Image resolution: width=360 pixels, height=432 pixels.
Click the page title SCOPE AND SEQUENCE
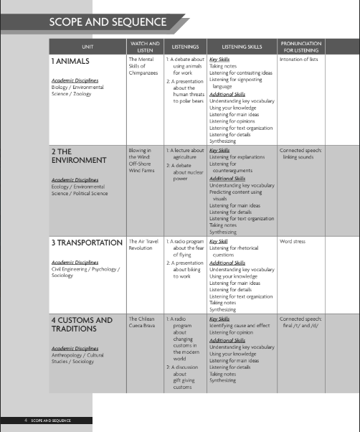[108, 22]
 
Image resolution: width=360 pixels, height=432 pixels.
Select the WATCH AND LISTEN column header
[146, 46]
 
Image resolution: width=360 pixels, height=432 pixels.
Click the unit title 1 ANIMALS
[75, 62]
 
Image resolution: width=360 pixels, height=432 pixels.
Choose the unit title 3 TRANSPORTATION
[87, 243]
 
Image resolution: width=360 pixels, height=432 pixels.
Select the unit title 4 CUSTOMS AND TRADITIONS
[82, 324]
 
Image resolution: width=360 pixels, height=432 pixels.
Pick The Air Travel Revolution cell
[145, 245]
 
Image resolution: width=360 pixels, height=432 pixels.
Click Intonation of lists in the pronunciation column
[302, 60]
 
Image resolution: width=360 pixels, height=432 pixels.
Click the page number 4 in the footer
[26, 421]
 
